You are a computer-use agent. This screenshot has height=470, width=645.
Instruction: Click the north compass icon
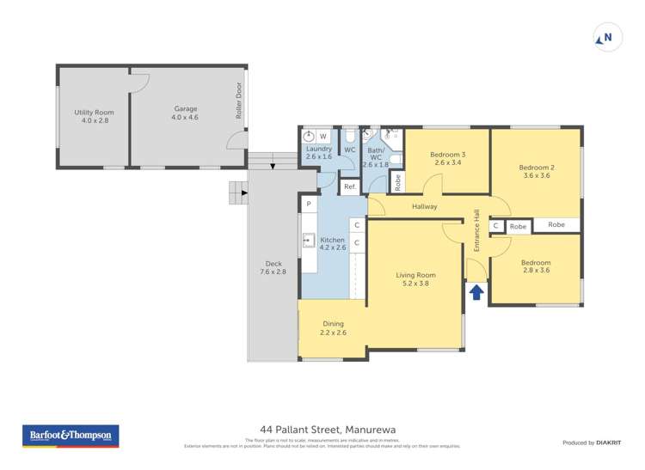click(x=607, y=38)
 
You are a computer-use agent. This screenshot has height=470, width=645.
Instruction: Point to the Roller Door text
click(x=239, y=101)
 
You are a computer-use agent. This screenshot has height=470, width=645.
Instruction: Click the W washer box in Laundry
click(x=323, y=136)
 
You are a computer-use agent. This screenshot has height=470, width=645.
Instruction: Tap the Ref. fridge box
click(x=350, y=186)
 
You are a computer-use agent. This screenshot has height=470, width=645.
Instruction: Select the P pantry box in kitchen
click(x=308, y=204)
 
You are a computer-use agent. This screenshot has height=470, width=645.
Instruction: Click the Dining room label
click(x=333, y=328)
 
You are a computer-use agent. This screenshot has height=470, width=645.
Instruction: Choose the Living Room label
click(x=415, y=279)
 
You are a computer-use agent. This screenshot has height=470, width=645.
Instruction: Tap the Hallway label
click(x=424, y=207)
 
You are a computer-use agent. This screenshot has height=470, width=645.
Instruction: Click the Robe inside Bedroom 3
click(x=397, y=182)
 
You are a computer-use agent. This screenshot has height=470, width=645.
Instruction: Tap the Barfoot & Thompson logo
click(x=71, y=436)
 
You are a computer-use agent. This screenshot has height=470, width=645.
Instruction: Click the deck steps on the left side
click(x=238, y=193)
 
